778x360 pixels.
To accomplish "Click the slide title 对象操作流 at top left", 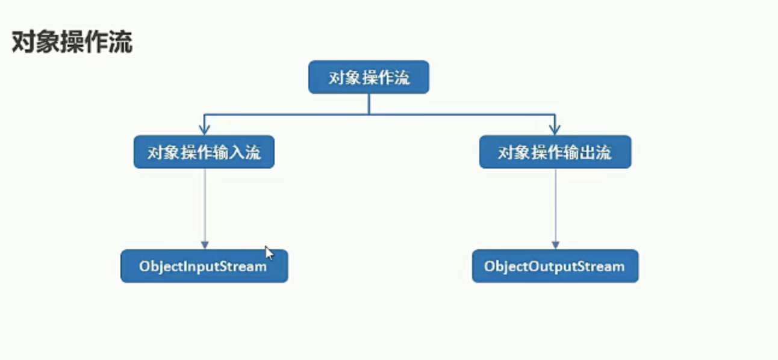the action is coord(72,42).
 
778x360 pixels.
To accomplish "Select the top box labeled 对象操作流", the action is coord(369,77).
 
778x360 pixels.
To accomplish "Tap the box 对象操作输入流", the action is coord(204,152).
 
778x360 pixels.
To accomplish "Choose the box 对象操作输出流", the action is coord(555,152).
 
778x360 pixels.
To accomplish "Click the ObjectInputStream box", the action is coord(204,266).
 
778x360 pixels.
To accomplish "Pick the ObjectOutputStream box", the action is coord(555,266).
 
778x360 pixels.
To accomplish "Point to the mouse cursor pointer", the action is coord(269,253).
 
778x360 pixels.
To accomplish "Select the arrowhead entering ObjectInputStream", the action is coord(205,245).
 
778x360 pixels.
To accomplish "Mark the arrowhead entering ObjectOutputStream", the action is coord(555,245).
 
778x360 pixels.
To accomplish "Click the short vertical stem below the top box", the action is coord(369,104).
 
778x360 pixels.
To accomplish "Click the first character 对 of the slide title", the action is coord(23,42).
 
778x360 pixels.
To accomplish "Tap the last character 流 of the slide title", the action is coord(120,42).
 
